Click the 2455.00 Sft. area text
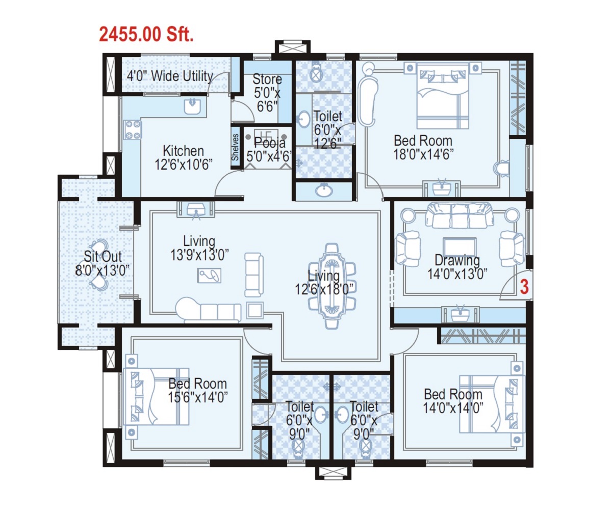click(x=146, y=35)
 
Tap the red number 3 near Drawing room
click(x=524, y=287)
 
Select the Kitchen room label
click(x=183, y=157)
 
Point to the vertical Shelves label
click(x=235, y=148)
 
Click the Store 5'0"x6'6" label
click(x=267, y=93)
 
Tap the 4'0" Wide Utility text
click(x=170, y=76)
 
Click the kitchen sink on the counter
click(x=193, y=106)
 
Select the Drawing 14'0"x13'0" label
click(x=457, y=267)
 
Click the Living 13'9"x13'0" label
click(x=199, y=248)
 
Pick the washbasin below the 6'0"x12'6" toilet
click(x=323, y=191)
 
